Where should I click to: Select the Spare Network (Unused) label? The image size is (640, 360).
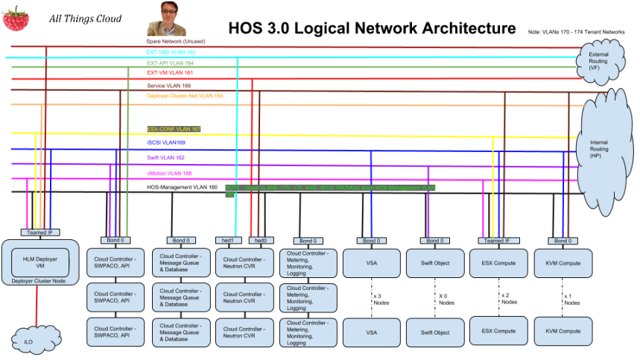tap(175, 41)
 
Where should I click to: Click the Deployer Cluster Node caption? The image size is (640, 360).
tap(39, 281)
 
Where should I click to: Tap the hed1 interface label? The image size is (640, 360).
tap(228, 240)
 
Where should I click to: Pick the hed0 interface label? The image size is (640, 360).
tap(260, 240)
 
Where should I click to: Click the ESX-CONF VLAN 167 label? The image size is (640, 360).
tap(174, 129)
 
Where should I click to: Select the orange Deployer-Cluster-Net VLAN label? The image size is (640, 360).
tap(185, 96)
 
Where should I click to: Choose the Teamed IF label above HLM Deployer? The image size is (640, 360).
tap(37, 233)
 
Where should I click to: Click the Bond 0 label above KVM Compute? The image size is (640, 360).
tap(563, 240)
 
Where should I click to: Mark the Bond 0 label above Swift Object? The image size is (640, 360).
tap(434, 240)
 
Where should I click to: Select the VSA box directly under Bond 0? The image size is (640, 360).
tap(371, 263)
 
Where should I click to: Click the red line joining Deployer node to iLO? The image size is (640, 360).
tap(37, 306)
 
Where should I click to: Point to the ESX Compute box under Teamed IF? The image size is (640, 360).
tap(498, 263)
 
